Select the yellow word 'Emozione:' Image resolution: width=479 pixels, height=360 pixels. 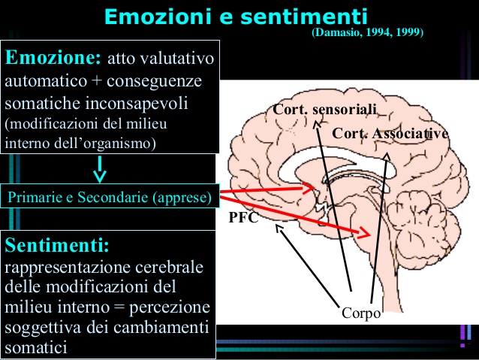[x=53, y=58]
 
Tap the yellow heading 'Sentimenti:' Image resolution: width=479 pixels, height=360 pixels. [x=57, y=247]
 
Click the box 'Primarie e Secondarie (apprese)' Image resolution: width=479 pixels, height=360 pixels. [x=110, y=198]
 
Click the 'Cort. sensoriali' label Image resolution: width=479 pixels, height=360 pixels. [x=324, y=110]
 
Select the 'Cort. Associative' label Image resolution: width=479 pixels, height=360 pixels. [x=390, y=134]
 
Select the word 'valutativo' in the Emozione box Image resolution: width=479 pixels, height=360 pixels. [x=177, y=59]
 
